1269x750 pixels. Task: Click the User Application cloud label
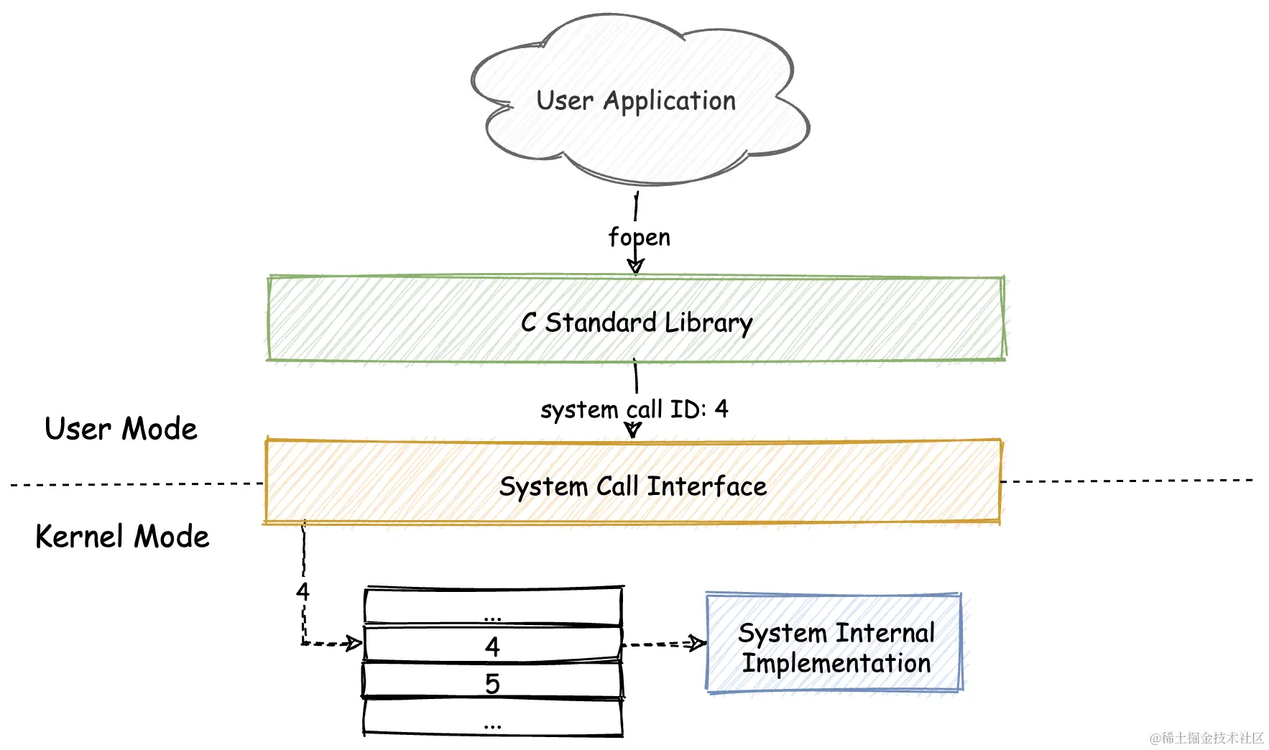636,101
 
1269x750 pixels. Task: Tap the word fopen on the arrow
639,237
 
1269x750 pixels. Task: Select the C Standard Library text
636,323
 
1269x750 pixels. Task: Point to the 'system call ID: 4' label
634,409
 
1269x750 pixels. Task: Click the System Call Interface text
632,486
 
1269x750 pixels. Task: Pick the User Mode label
121,429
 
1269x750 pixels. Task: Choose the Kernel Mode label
122,537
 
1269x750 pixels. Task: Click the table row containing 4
492,645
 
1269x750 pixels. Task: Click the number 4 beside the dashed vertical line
303,592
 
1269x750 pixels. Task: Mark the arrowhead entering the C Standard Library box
635,267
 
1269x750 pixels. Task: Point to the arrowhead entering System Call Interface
632,430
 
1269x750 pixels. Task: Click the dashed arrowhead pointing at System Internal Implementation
696,643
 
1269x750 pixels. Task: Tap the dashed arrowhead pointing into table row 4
354,642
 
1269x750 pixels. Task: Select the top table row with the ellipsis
492,608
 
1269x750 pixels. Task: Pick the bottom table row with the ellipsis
492,717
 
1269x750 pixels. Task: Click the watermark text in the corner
1206,738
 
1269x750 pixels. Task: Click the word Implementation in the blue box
836,663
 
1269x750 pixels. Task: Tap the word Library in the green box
709,323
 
